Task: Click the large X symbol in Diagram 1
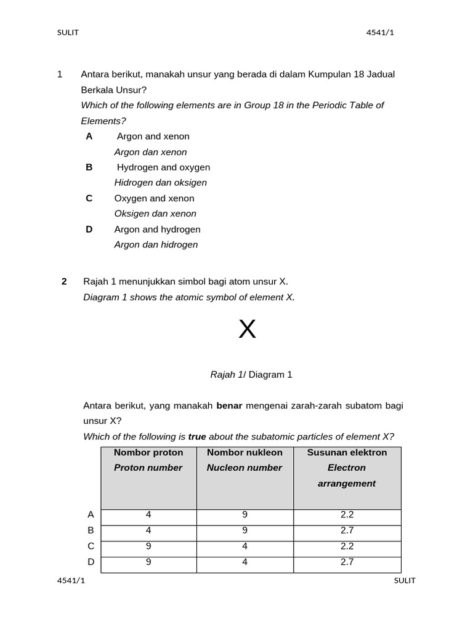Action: tap(247, 330)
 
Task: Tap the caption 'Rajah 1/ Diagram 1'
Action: tap(251, 374)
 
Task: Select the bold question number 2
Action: tap(64, 281)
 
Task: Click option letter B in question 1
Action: tap(89, 167)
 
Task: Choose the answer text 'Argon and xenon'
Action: tap(153, 136)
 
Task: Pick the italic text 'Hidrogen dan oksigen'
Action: tap(161, 183)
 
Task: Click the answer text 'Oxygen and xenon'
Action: tap(154, 198)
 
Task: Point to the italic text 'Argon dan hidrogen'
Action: tap(156, 244)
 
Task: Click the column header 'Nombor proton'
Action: tap(148, 452)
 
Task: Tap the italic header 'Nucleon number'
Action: tap(245, 468)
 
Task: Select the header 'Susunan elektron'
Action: tap(347, 452)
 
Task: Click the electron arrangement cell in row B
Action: tap(347, 530)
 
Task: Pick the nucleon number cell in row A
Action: tap(245, 515)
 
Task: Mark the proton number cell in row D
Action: tap(148, 562)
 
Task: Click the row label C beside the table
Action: tap(91, 546)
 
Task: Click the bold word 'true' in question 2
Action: tap(197, 437)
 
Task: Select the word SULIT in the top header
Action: tap(68, 33)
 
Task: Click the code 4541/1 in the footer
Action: tap(71, 581)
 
